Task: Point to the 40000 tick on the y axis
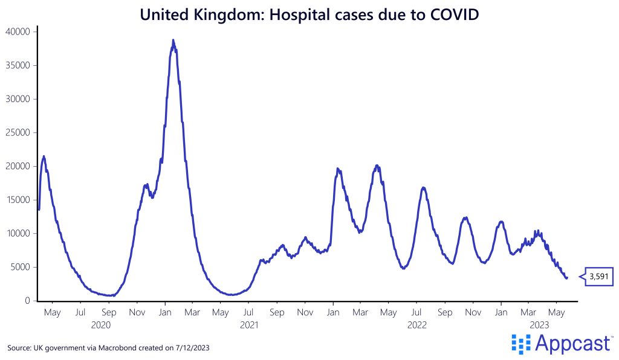[18, 31]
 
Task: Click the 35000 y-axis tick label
[18, 65]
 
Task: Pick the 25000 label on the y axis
[18, 132]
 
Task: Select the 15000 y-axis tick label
[18, 200]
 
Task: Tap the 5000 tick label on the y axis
[21, 267]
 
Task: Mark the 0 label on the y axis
[28, 301]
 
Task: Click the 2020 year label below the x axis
[100, 325]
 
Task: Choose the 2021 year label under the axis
[249, 325]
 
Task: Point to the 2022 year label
[416, 325]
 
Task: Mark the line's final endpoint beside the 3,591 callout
[567, 278]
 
